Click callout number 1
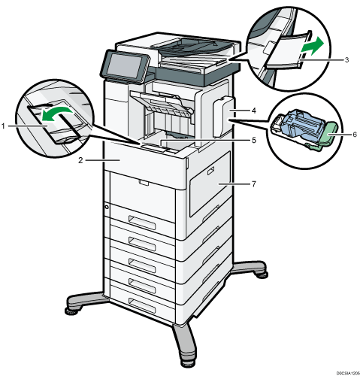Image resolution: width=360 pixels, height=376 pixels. (x=3, y=126)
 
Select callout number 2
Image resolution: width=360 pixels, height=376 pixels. (x=80, y=160)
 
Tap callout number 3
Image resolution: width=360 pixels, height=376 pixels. (x=346, y=60)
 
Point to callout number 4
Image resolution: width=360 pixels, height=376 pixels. (x=254, y=111)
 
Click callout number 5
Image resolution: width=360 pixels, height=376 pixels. (x=254, y=140)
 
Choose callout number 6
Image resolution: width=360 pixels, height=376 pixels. (x=355, y=135)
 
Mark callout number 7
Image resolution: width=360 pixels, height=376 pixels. (x=254, y=184)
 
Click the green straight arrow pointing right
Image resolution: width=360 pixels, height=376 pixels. (x=312, y=47)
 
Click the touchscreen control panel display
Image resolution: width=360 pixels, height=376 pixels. (x=126, y=65)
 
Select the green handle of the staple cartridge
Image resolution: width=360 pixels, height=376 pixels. (x=328, y=137)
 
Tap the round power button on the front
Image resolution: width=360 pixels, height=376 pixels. (x=107, y=207)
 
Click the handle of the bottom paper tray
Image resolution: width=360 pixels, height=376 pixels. (x=142, y=303)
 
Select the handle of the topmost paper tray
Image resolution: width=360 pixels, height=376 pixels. (x=142, y=222)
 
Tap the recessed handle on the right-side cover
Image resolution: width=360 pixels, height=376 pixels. (x=211, y=171)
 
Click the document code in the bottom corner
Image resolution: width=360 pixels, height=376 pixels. (x=348, y=372)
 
